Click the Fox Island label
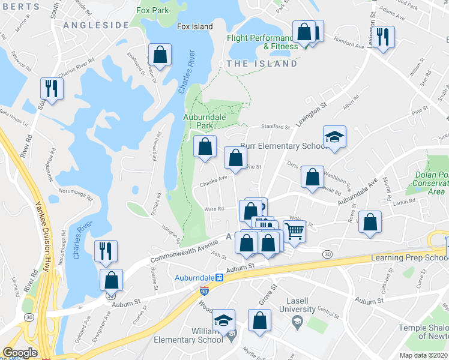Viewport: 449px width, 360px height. point(195,27)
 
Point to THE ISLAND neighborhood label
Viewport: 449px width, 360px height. point(261,64)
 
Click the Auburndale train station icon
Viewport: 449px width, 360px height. point(220,278)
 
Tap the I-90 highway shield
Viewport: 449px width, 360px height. point(203,290)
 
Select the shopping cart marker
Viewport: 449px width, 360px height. point(294,230)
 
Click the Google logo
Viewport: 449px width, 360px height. point(20,353)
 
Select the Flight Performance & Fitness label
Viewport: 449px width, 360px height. point(262,42)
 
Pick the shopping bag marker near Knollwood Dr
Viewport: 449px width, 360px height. point(160,55)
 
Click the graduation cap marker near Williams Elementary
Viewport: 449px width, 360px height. point(224,322)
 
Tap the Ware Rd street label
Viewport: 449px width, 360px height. point(214,209)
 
